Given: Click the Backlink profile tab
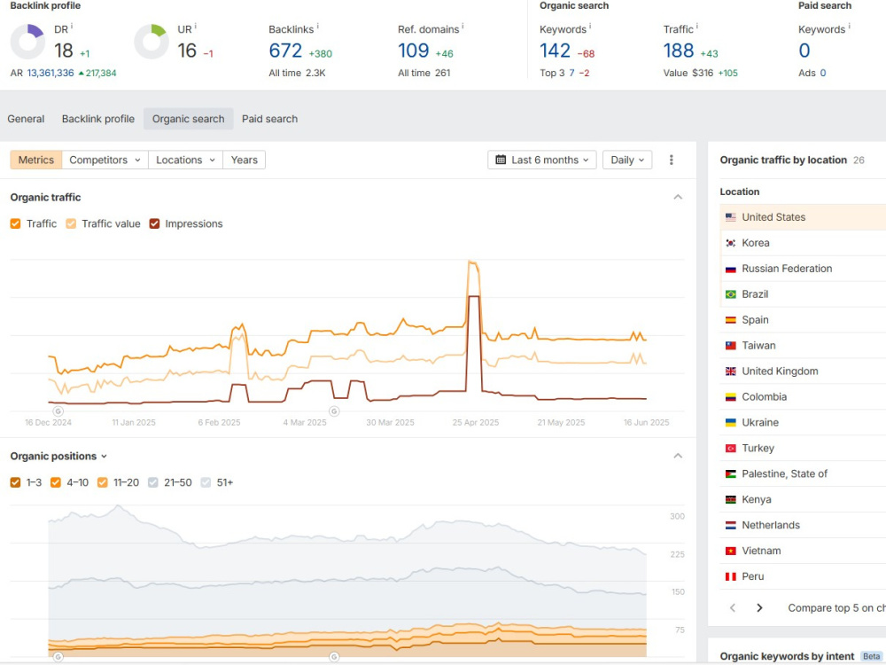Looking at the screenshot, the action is [97, 119].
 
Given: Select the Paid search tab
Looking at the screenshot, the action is [269, 119].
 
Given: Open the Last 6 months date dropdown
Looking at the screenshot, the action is [542, 160].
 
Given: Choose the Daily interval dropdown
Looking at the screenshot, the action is [627, 160].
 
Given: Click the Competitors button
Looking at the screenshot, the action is [105, 160].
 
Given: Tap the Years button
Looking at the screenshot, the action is [245, 160].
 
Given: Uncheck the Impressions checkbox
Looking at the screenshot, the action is [154, 224].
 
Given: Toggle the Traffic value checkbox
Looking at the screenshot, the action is [71, 224].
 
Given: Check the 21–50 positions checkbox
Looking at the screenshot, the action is [153, 482].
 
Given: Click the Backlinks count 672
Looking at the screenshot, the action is [285, 51].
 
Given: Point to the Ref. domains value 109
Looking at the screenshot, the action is [414, 51].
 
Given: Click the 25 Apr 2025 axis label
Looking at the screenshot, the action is [475, 422].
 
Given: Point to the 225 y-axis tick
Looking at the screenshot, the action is [678, 554].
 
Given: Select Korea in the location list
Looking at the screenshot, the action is [756, 243].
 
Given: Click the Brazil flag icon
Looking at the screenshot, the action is [731, 294].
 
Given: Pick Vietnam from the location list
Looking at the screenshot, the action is [761, 551].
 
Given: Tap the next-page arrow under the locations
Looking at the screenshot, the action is [759, 608].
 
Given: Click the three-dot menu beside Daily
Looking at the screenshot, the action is [672, 160].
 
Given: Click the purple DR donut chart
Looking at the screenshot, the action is [27, 42].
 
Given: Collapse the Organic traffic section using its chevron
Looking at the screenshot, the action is [678, 197].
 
